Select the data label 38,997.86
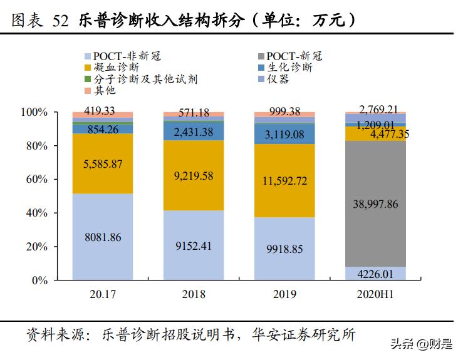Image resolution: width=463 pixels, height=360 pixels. (375, 203)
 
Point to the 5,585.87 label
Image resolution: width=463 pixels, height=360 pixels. (103, 164)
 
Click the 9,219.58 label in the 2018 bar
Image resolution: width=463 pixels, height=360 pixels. (194, 177)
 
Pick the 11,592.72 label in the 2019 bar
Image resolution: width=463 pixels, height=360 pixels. (284, 182)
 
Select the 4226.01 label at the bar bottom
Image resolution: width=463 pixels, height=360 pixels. (375, 273)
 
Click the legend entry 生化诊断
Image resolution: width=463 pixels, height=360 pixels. (289, 67)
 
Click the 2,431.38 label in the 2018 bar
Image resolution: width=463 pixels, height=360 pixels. (194, 131)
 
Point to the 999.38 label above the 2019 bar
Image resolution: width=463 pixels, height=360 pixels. (284, 111)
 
